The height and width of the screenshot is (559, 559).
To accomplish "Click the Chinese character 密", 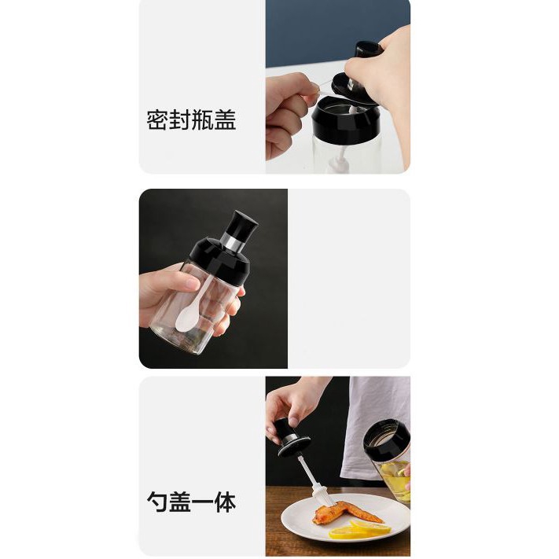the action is coord(157,120).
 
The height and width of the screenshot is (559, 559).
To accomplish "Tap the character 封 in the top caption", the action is coord(180,120).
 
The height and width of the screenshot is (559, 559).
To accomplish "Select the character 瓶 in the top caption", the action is coord(203,120).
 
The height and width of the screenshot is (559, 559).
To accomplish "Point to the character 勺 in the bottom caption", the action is coord(157,502).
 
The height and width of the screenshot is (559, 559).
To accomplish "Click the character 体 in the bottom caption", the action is coord(225,502).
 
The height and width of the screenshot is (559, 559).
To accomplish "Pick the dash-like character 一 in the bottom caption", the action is coord(203,502).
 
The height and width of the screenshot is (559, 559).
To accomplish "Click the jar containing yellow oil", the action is coord(388,460).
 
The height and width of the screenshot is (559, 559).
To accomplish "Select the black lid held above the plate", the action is coord(293,439).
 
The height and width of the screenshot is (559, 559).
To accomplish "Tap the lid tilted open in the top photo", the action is coord(356,82).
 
